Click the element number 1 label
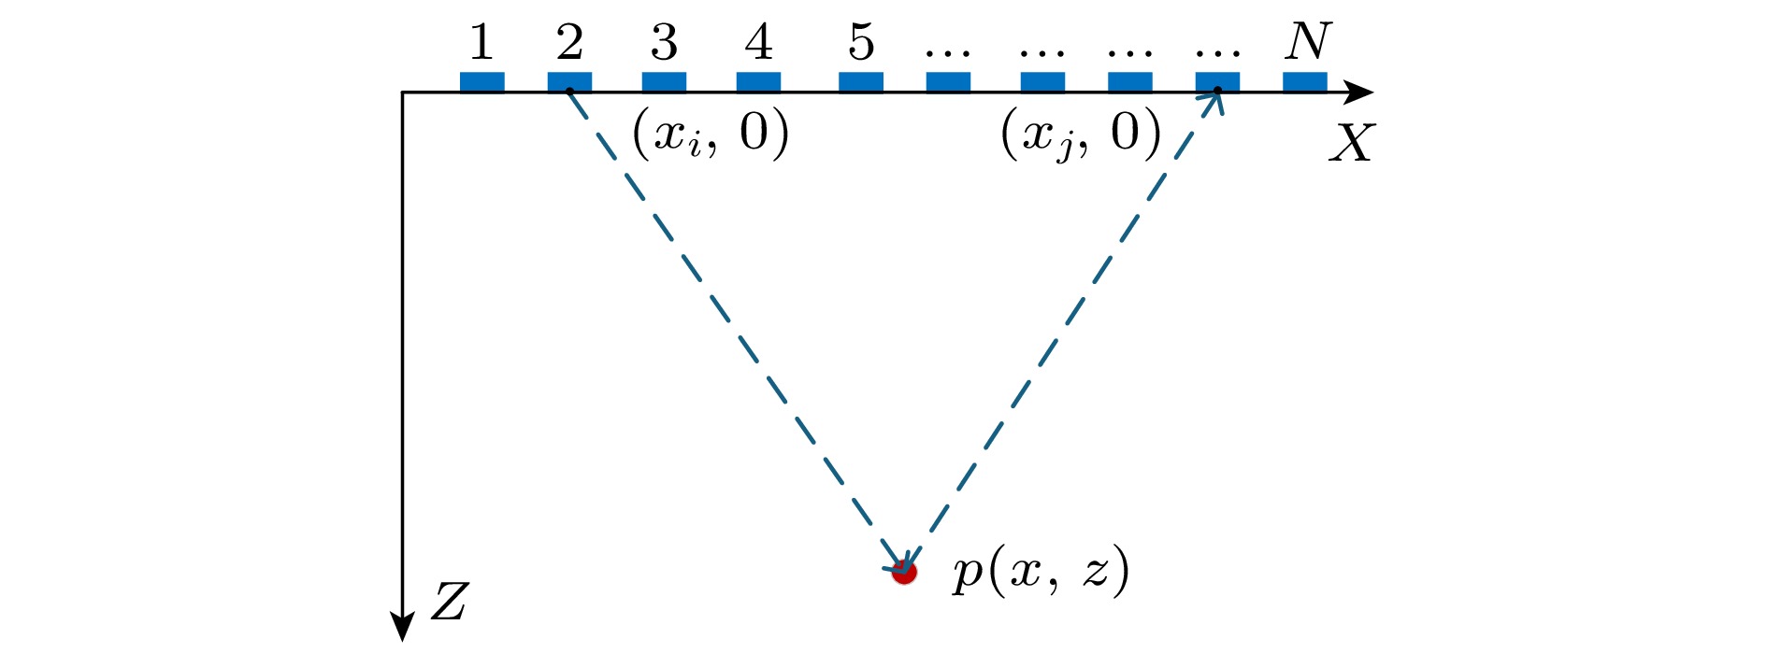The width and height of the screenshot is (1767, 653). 481,42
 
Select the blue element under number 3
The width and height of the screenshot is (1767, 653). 664,82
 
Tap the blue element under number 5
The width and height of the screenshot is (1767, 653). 860,82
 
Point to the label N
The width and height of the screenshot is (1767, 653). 1306,41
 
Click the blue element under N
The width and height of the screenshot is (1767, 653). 1304,82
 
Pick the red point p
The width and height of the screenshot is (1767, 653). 904,572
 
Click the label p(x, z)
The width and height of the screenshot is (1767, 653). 1041,571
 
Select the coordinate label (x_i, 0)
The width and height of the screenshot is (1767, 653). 711,134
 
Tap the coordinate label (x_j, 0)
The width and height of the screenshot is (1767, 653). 1081,134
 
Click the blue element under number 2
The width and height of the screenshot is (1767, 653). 569,82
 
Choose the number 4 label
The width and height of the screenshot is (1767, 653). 758,42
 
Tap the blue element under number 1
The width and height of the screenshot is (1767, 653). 481,82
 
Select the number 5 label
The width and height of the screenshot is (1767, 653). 860,42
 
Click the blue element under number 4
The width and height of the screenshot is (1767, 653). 758,82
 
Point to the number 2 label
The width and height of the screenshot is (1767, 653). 569,42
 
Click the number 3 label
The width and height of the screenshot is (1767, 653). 664,42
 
